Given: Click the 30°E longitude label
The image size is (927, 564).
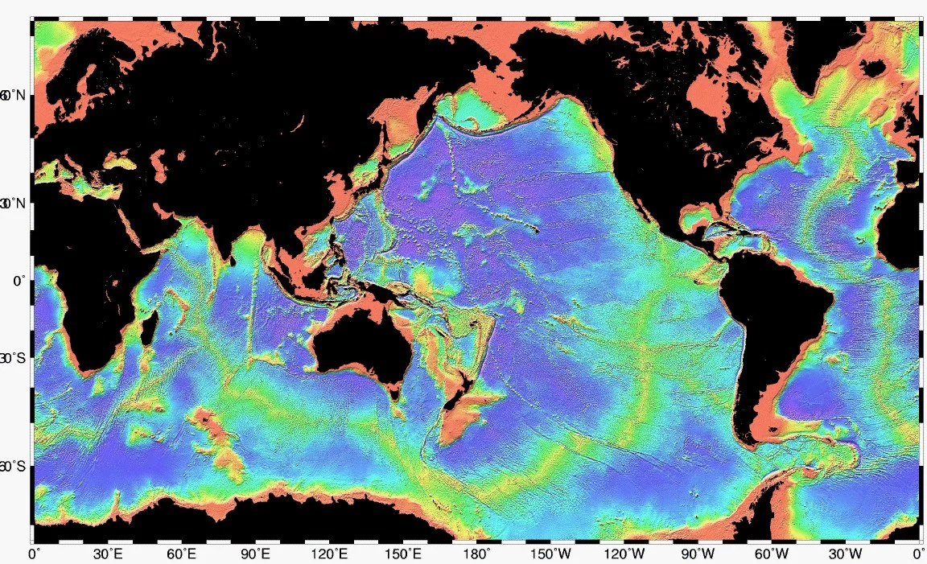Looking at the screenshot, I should [x=109, y=554].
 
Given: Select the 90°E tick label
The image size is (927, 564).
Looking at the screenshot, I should [x=256, y=554].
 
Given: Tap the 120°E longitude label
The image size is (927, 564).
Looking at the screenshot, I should [x=330, y=554].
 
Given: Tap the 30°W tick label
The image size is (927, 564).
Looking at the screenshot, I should [x=845, y=554].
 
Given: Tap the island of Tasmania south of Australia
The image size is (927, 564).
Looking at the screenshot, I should [x=394, y=393].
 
